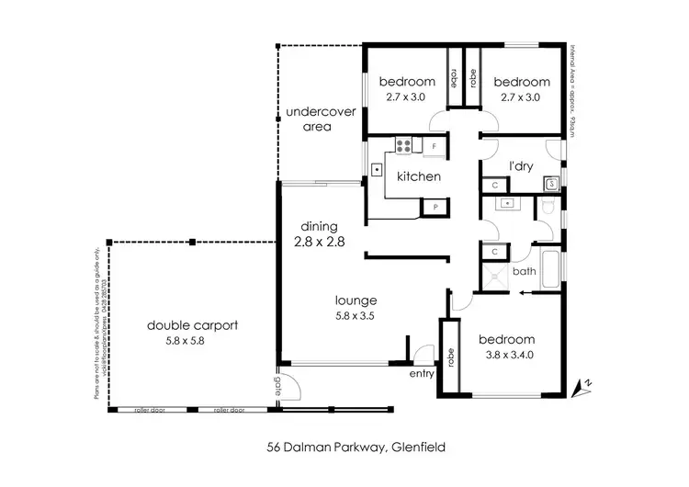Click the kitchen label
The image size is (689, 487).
coord(419,176)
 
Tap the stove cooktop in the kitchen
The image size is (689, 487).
coord(401,144)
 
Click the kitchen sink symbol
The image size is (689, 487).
coord(377,170)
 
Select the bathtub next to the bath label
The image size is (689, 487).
coord(550,267)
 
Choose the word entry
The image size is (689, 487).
coord(422,373)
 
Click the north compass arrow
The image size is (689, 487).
coord(579,387)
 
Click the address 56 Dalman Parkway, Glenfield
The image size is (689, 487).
coord(344,447)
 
